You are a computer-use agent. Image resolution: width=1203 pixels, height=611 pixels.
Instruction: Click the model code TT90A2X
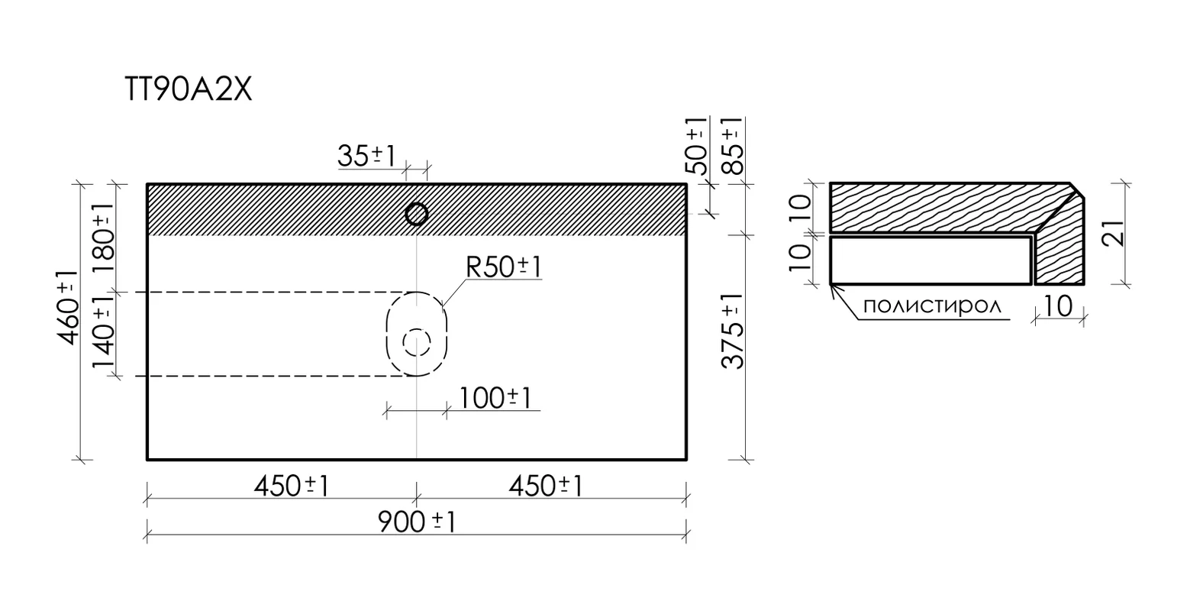pyautogui.click(x=188, y=89)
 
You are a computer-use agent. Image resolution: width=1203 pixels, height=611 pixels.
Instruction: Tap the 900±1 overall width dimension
pyautogui.click(x=417, y=522)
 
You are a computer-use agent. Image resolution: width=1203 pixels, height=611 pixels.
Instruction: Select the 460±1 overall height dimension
pyautogui.click(x=68, y=307)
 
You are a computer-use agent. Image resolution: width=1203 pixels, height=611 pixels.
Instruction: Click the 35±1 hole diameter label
pyautogui.click(x=366, y=156)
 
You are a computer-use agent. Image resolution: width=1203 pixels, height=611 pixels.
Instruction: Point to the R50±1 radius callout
pyautogui.click(x=504, y=267)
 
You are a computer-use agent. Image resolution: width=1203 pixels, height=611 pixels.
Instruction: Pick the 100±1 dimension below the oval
pyautogui.click(x=495, y=398)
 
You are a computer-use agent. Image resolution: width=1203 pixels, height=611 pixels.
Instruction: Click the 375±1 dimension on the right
pyautogui.click(x=733, y=331)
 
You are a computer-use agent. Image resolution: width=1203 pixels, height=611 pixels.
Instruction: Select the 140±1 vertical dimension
pyautogui.click(x=103, y=332)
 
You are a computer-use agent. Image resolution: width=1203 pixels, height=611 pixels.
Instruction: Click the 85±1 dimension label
pyautogui.click(x=733, y=146)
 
